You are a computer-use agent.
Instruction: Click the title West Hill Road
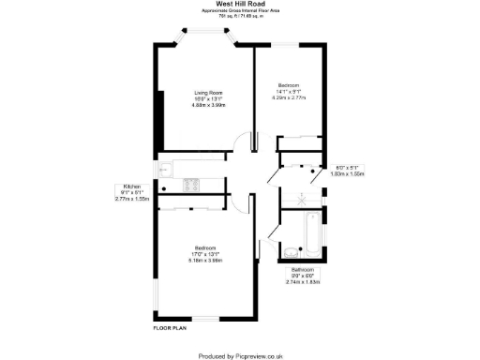(239, 4)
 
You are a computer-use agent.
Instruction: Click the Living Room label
(208, 93)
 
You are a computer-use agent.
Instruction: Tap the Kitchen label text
(131, 187)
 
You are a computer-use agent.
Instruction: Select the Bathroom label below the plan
(303, 269)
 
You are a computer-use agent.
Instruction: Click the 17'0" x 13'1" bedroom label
(205, 253)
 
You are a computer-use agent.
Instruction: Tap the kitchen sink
(163, 171)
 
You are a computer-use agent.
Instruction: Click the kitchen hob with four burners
(191, 185)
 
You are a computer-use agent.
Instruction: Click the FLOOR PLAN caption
(171, 328)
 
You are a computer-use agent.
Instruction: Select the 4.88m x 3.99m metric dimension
(208, 105)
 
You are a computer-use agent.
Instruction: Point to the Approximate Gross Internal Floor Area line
(239, 10)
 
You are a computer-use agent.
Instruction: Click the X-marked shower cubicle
(302, 199)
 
